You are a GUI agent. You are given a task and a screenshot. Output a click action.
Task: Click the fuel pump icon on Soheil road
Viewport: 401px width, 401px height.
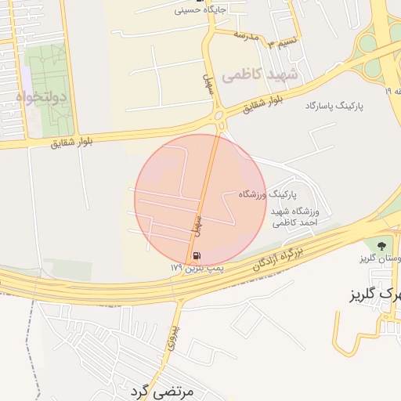pos(194,255)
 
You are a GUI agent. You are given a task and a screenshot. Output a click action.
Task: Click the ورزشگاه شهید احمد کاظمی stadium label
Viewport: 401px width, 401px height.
pos(294,217)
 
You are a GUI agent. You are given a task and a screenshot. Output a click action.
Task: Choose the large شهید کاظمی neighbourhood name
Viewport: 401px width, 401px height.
pos(260,74)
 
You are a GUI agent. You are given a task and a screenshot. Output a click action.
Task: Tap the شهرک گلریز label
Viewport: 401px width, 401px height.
pos(374,295)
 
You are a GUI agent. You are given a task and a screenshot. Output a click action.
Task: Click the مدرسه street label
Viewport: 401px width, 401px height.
pos(245,35)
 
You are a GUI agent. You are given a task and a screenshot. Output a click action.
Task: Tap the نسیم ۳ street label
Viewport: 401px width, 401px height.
pos(279,41)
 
